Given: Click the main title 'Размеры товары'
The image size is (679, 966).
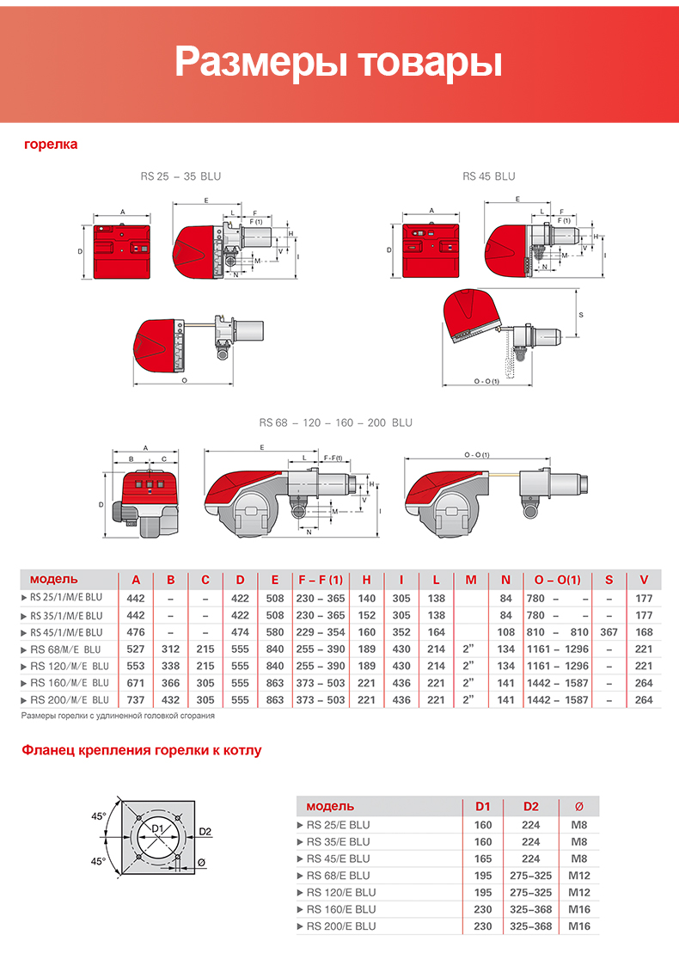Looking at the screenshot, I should tap(339, 63).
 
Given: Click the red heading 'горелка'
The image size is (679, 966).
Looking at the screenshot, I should tap(51, 144).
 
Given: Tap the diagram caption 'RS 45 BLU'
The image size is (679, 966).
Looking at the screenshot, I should tap(488, 176).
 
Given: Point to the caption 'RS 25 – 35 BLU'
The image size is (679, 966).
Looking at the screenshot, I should tap(180, 176).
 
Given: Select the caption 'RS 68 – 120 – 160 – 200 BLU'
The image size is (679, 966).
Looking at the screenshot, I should tap(336, 422).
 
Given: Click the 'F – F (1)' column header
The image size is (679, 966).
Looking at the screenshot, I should tap(320, 579).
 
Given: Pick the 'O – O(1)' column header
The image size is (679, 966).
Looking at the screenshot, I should tap(558, 579).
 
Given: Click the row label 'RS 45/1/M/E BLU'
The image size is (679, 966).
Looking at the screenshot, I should tap(66, 632).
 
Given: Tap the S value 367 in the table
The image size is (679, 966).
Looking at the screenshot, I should tap(609, 632).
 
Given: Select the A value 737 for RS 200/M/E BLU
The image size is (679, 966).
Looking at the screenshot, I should tap(136, 700).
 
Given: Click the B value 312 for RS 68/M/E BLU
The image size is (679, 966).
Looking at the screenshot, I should tap(170, 649).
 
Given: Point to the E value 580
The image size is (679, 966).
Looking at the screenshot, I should tap(274, 632).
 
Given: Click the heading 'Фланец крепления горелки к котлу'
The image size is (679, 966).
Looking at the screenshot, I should tap(141, 750).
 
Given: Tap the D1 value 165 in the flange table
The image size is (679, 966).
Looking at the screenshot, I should tap(483, 858).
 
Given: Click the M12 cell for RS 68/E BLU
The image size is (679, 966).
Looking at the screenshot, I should tap(578, 875).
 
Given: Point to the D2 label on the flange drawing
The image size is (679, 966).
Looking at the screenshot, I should tap(205, 832).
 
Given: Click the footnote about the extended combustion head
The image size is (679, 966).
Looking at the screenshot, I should tap(118, 716).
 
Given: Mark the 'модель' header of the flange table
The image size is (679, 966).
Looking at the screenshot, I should tap(330, 806).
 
